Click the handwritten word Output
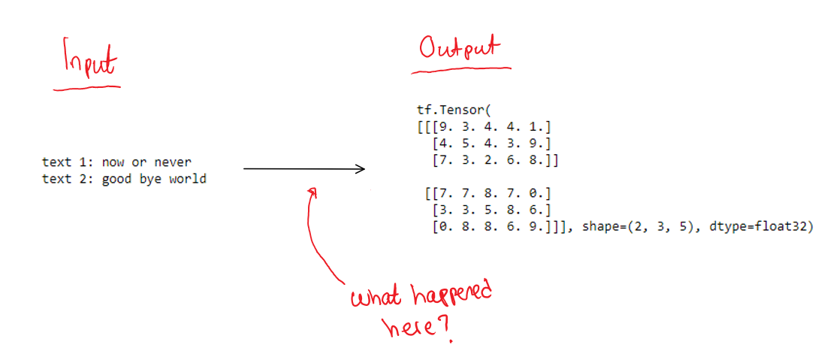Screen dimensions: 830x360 pyautogui.click(x=458, y=49)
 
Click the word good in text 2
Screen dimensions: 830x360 pyautogui.click(x=117, y=180)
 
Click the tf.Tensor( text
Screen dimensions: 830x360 pyautogui.click(x=452, y=110)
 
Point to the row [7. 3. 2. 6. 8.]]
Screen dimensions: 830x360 pyautogui.click(x=496, y=159)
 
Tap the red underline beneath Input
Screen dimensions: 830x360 pyautogui.click(x=86, y=88)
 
